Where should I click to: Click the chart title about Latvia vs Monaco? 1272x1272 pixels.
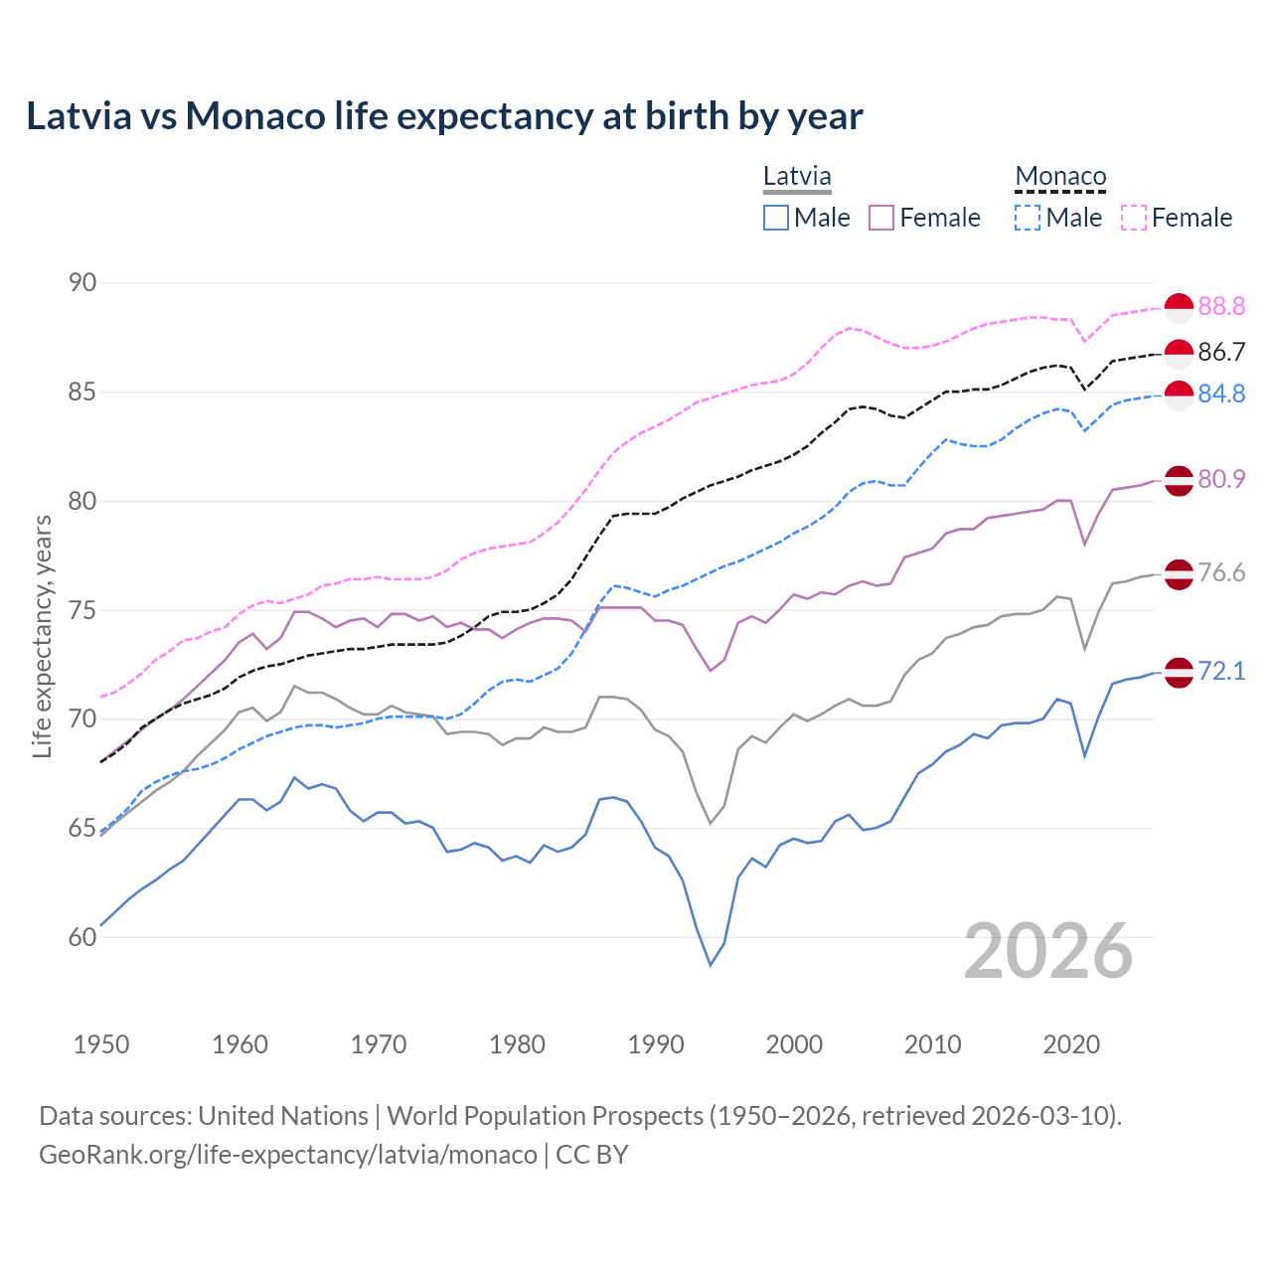(444, 116)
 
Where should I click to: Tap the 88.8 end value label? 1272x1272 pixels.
(1221, 306)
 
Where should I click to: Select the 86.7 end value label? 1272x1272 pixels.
(1221, 352)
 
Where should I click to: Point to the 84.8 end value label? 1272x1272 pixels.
(1221, 394)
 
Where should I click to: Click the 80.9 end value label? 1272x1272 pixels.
(1221, 479)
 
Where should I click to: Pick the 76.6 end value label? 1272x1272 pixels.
(1221, 572)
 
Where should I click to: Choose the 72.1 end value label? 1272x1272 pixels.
(1221, 671)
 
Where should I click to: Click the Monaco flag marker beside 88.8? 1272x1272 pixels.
(1179, 308)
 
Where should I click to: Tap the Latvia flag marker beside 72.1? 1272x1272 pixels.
(1179, 672)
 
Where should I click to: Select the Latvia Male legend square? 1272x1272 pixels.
(776, 218)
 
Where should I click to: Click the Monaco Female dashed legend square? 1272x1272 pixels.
(1134, 218)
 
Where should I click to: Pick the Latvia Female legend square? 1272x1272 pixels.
(881, 218)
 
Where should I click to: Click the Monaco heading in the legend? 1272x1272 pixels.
(1060, 177)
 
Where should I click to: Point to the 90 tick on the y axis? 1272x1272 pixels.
(82, 283)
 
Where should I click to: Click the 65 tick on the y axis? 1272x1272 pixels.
(82, 828)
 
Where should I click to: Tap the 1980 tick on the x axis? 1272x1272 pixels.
(517, 1044)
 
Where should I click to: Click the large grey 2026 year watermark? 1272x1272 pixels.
(1048, 951)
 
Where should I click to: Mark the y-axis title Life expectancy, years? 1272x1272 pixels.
(42, 636)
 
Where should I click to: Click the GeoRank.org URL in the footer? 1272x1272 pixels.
(288, 1155)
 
